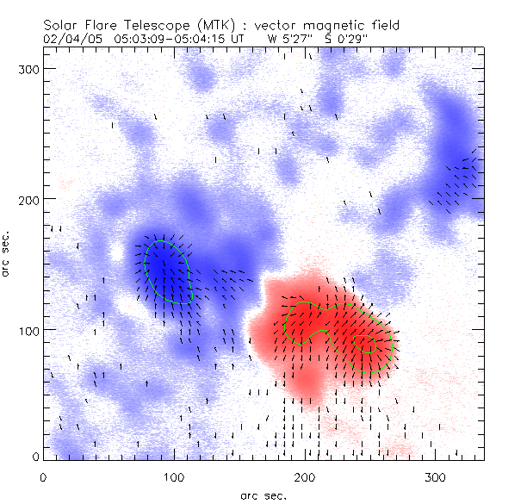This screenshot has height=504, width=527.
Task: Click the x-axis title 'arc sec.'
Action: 263,495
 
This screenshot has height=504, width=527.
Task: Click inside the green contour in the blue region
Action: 167,271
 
